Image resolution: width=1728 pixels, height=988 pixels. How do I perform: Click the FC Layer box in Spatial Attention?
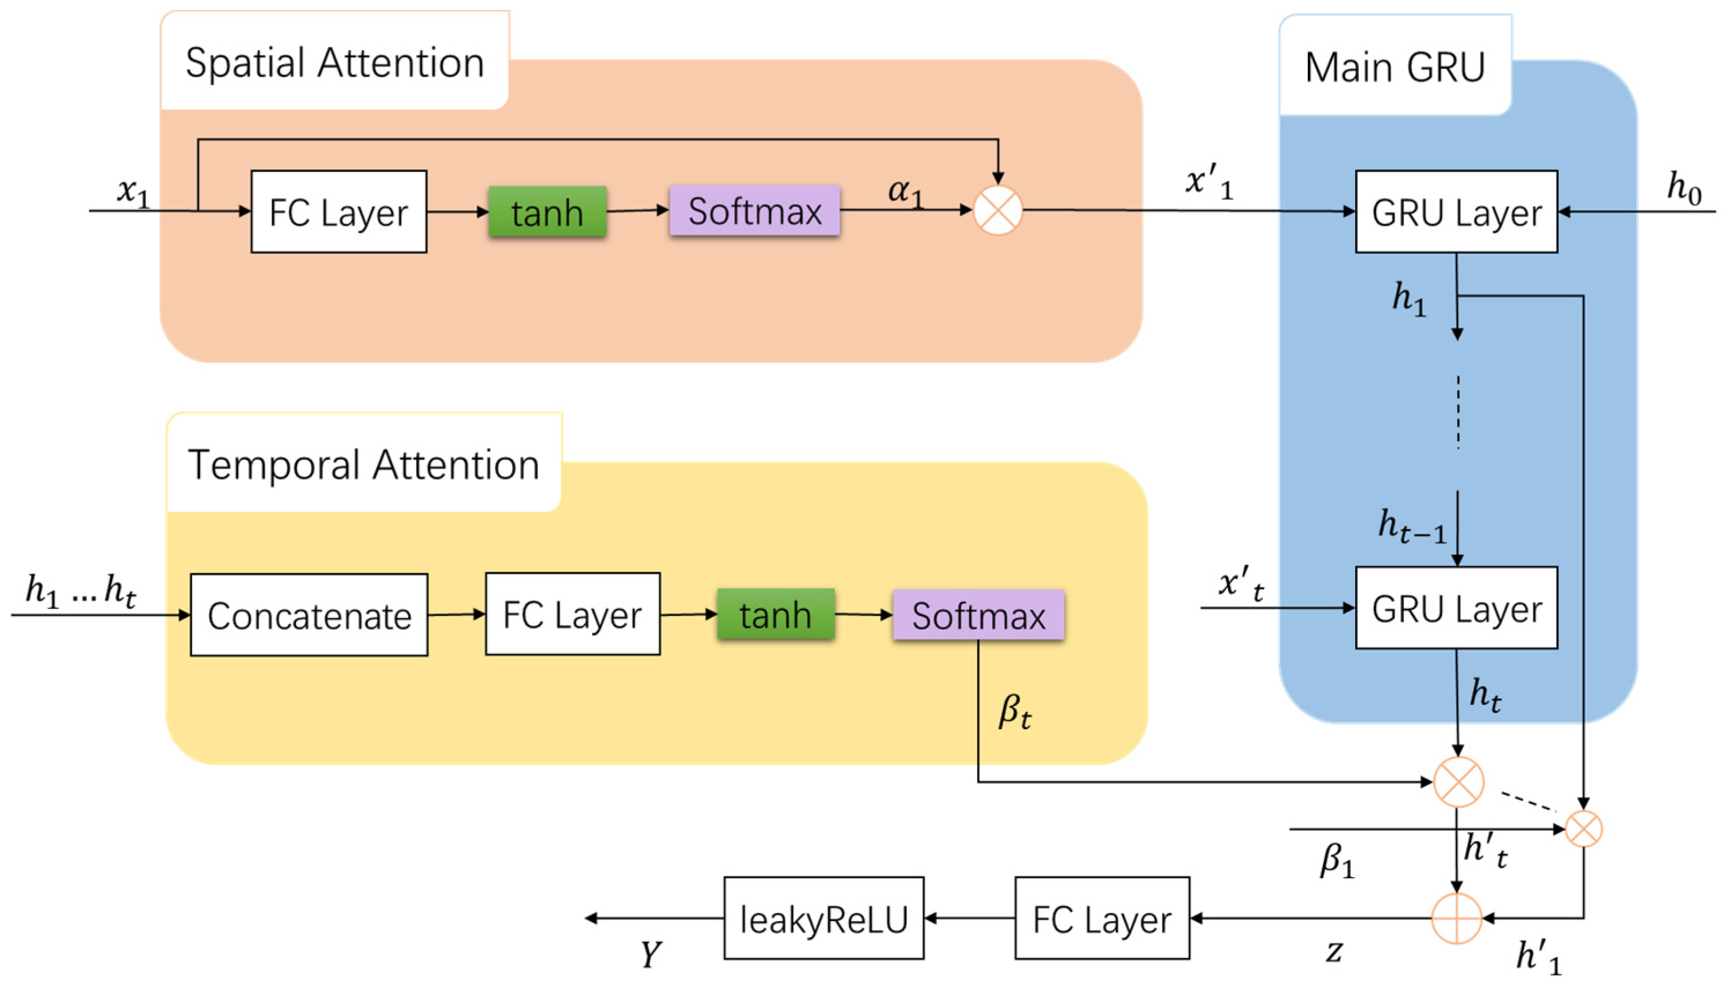click(x=339, y=211)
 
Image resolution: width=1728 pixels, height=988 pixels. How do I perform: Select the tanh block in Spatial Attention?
click(x=547, y=211)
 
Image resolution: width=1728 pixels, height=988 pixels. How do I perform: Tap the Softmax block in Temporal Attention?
click(x=978, y=615)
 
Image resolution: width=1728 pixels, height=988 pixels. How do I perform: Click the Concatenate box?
click(x=309, y=615)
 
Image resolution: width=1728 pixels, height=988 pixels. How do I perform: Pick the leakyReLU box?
click(x=824, y=918)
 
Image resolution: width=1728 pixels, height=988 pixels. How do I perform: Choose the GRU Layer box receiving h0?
click(x=1456, y=211)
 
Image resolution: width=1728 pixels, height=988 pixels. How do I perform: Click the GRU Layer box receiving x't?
click(x=1456, y=608)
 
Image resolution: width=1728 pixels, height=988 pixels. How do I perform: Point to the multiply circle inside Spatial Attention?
click(x=998, y=210)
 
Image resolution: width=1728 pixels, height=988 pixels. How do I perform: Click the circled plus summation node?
click(x=1456, y=918)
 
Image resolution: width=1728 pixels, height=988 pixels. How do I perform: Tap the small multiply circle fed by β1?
click(x=1584, y=829)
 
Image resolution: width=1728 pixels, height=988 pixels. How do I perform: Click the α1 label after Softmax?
click(x=906, y=191)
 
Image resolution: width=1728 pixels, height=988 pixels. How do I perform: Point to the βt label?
click(x=1015, y=712)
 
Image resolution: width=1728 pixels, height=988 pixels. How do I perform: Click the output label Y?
click(x=650, y=954)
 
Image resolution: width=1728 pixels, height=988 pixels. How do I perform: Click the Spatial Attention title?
click(x=335, y=63)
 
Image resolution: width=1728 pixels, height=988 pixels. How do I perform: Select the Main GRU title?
click(x=1395, y=67)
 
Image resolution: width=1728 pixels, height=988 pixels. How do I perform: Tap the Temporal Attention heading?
click(x=363, y=466)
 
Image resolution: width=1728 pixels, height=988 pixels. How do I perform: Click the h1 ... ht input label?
click(x=80, y=590)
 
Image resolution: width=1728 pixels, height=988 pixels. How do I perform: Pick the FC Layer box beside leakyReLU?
click(x=1102, y=918)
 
